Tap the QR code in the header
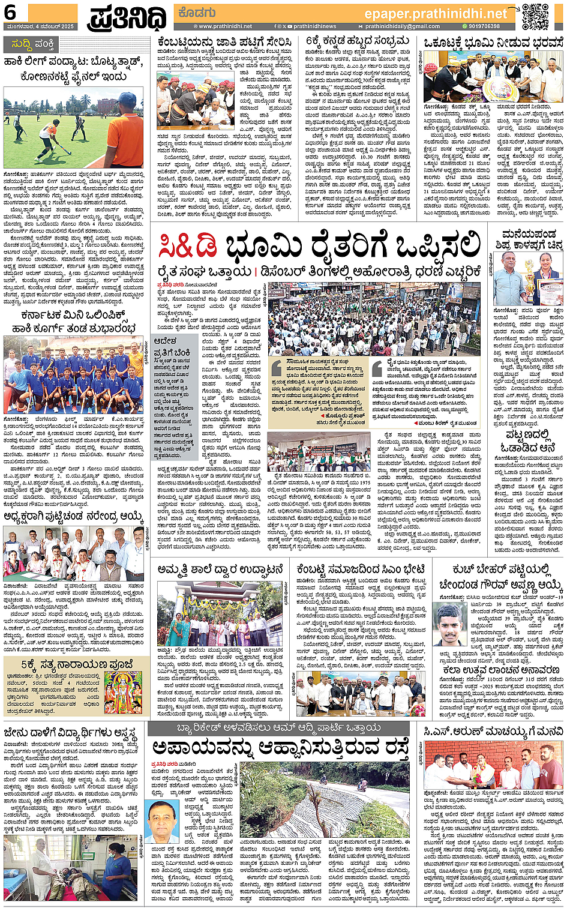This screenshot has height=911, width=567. (535, 16)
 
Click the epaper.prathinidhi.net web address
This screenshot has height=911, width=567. (436, 13)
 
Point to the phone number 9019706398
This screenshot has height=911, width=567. (484, 26)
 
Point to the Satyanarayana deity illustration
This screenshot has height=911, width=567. (123, 692)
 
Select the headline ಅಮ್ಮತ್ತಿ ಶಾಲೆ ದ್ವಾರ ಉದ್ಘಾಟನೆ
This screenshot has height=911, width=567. (220, 569)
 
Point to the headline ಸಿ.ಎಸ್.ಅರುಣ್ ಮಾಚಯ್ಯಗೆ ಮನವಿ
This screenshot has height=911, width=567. (493, 731)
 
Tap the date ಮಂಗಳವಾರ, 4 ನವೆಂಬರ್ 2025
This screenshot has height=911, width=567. (41, 26)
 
